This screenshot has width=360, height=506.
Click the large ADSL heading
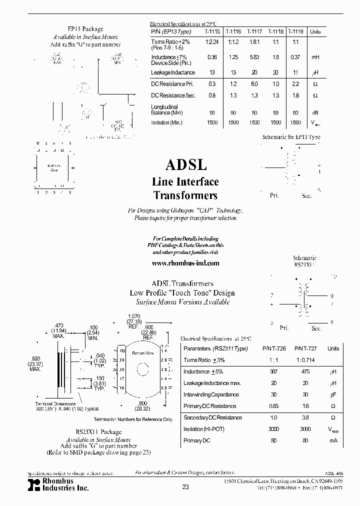[x=185, y=164]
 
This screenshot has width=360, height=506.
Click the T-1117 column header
[x=254, y=31]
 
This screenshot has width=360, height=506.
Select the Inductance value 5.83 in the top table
[x=254, y=57]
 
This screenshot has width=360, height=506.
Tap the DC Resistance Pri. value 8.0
[x=254, y=83]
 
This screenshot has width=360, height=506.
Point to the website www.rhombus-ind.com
[x=185, y=262]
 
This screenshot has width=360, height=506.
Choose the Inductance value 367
[x=273, y=372]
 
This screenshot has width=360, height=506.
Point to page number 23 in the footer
[x=185, y=487]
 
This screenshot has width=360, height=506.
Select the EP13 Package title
[x=85, y=29]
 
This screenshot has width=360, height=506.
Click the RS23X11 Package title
[x=98, y=431]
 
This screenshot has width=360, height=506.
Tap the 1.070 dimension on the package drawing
[x=134, y=316]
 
